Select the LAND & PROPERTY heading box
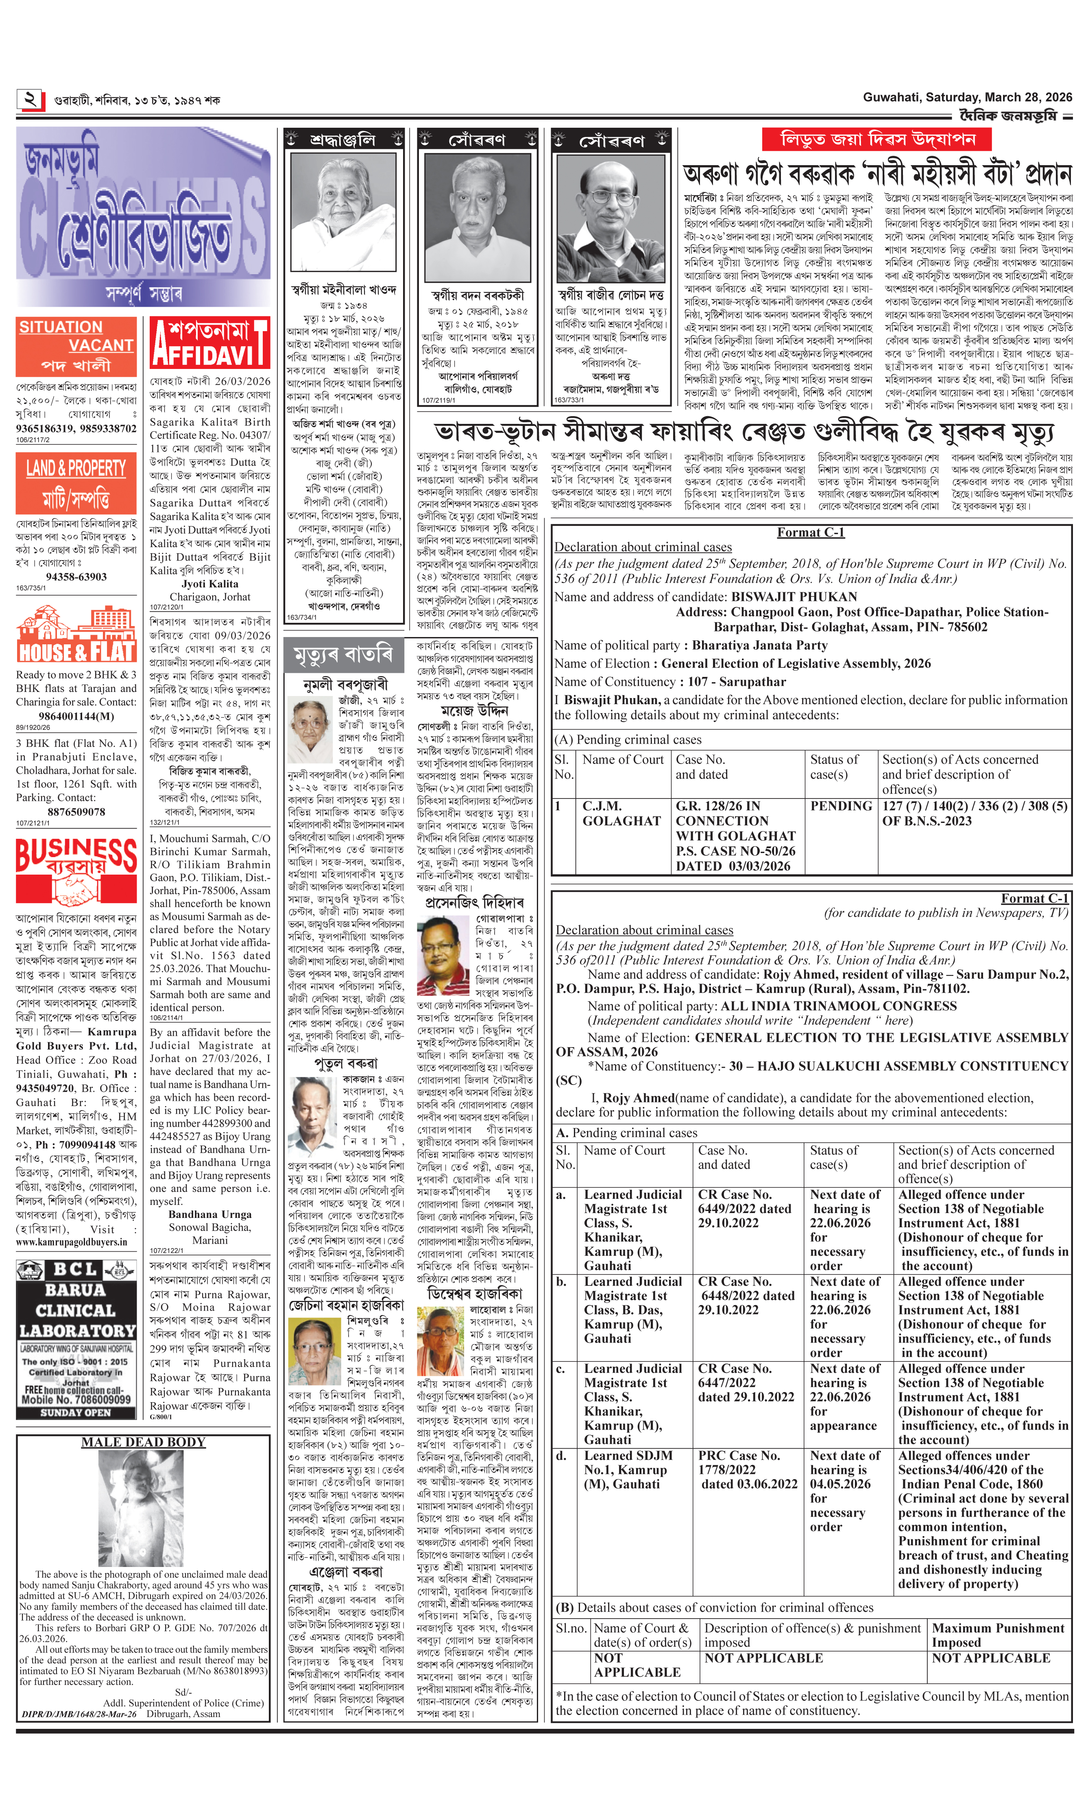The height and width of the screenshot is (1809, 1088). (x=76, y=482)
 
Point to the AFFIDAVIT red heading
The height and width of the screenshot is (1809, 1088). (x=210, y=343)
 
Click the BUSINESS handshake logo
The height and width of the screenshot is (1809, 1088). (x=76, y=870)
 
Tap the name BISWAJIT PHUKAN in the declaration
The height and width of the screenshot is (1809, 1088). (x=784, y=597)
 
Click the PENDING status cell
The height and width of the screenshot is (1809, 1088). (x=841, y=806)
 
